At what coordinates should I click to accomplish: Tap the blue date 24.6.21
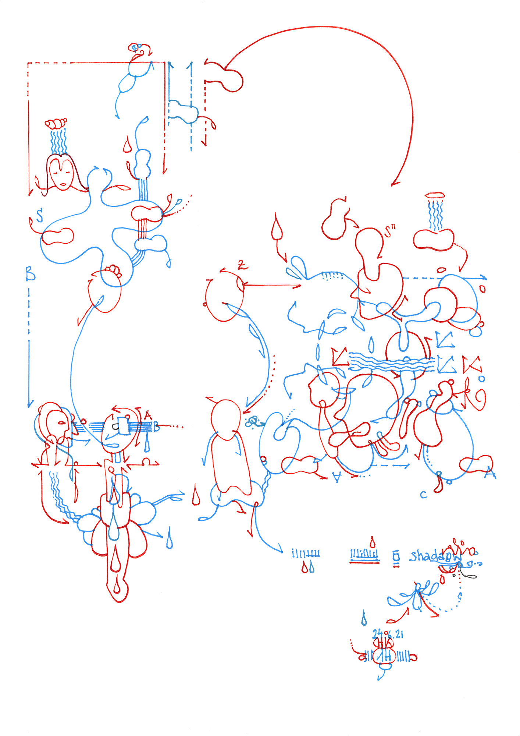tap(388, 634)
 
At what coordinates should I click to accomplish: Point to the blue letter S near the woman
tap(39, 215)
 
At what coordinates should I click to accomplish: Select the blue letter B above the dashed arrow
tap(30, 274)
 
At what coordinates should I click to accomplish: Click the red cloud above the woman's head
tap(56, 123)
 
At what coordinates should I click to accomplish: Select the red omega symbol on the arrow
tap(146, 461)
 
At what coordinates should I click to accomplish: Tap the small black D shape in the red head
tap(115, 427)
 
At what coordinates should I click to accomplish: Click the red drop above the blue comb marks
tap(373, 542)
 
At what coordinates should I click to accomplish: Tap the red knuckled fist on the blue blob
tap(114, 270)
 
